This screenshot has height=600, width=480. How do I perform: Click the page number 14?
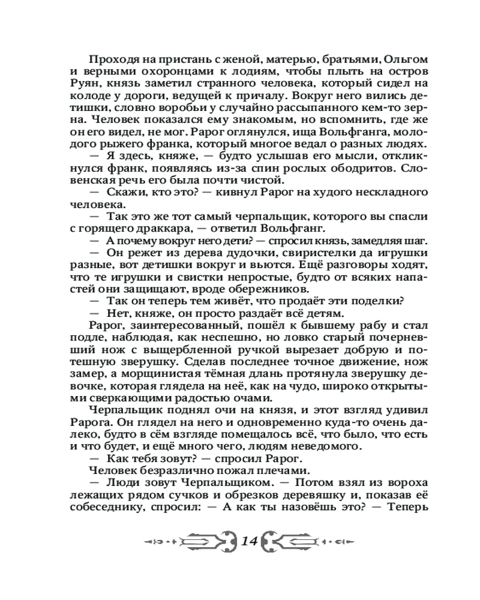(x=248, y=541)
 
